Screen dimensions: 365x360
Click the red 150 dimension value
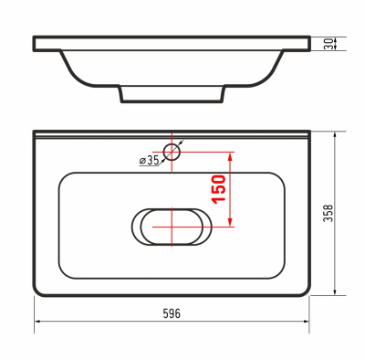pos(219,189)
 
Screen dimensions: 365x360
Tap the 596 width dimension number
pos(172,313)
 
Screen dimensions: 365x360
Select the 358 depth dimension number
pos(328,213)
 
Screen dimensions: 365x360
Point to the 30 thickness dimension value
pos(328,44)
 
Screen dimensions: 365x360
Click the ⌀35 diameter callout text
pos(149,160)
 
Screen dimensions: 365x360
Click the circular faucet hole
pos(172,152)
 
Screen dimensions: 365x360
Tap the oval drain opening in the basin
pos(172,227)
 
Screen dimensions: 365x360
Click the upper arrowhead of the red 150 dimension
pos(231,156)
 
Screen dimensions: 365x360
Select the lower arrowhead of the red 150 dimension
pos(231,222)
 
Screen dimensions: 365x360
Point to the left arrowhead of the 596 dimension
pos(38,321)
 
